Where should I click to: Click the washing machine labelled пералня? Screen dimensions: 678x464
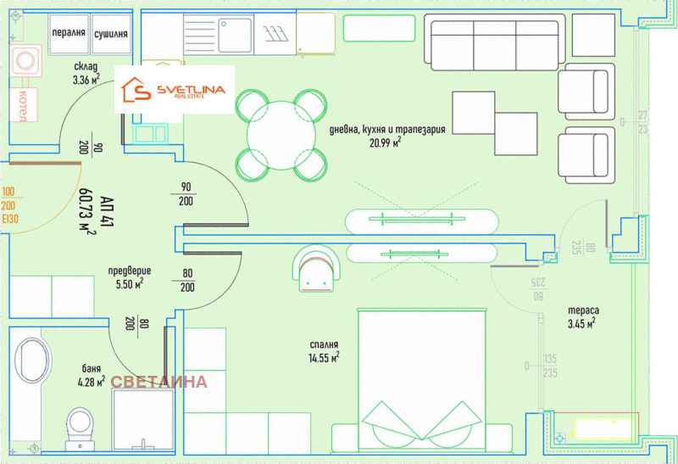coord(69,34)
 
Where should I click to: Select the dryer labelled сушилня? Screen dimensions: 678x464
coord(111,34)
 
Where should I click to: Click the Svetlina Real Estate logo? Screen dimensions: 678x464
coord(174,90)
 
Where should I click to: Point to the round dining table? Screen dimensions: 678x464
coord(281,136)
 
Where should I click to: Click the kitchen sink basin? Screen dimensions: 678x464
coord(235,35)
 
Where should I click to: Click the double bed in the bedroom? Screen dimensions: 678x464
coord(422,380)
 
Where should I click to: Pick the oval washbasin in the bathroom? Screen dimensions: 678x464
coord(31,361)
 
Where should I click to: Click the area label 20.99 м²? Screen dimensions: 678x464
coord(386,142)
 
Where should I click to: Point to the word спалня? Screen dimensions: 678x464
coord(324,344)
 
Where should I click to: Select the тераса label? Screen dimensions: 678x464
coord(583,310)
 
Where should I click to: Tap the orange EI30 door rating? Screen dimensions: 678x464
coord(10,219)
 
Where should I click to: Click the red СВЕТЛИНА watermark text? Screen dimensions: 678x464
coord(158,382)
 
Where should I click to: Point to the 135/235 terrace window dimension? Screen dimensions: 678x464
coord(549,366)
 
